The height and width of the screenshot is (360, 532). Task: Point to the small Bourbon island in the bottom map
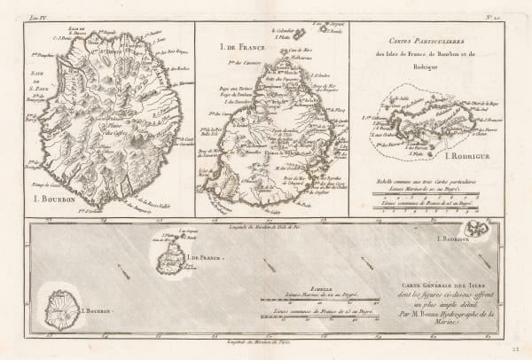click(62, 309)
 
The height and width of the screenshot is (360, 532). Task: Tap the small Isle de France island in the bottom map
click(165, 258)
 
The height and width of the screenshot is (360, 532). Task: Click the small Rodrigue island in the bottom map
click(480, 230)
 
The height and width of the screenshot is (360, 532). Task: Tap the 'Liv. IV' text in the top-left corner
click(37, 15)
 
